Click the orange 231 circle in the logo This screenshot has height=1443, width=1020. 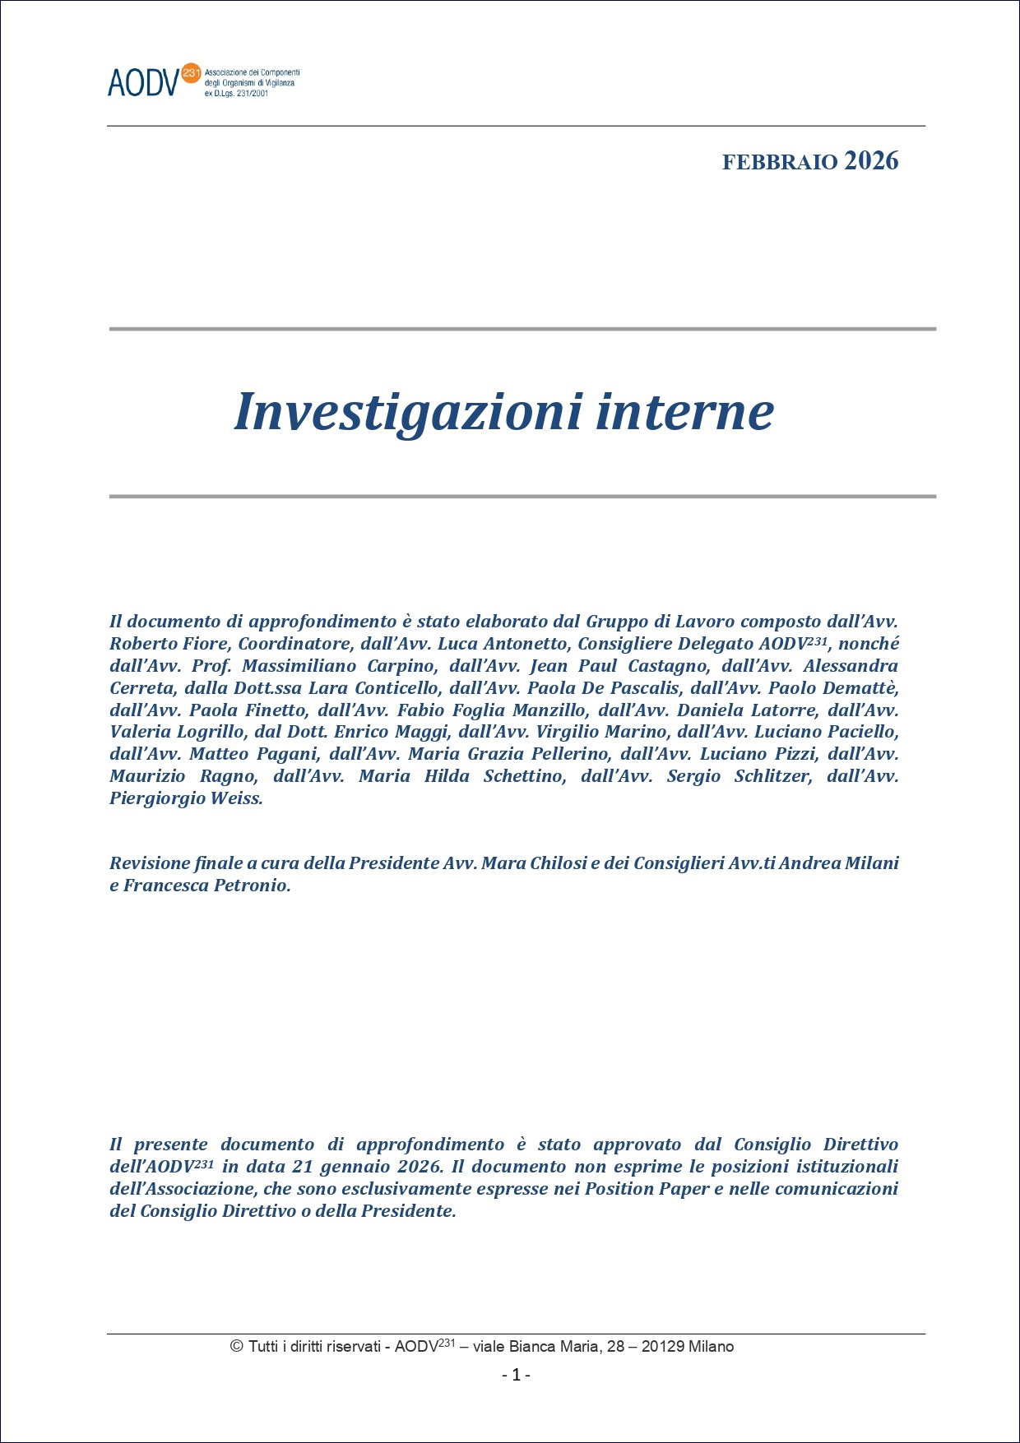tap(191, 73)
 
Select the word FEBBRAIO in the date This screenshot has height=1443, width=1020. tap(779, 163)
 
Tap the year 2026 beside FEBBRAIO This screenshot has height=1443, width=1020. tap(871, 161)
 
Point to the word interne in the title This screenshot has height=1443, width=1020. tap(684, 412)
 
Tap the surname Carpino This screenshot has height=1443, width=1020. tap(402, 666)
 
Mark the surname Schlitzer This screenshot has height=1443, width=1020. tap(773, 776)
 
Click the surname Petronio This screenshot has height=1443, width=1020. tap(252, 886)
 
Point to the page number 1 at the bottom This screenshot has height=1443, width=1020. tap(516, 1375)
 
